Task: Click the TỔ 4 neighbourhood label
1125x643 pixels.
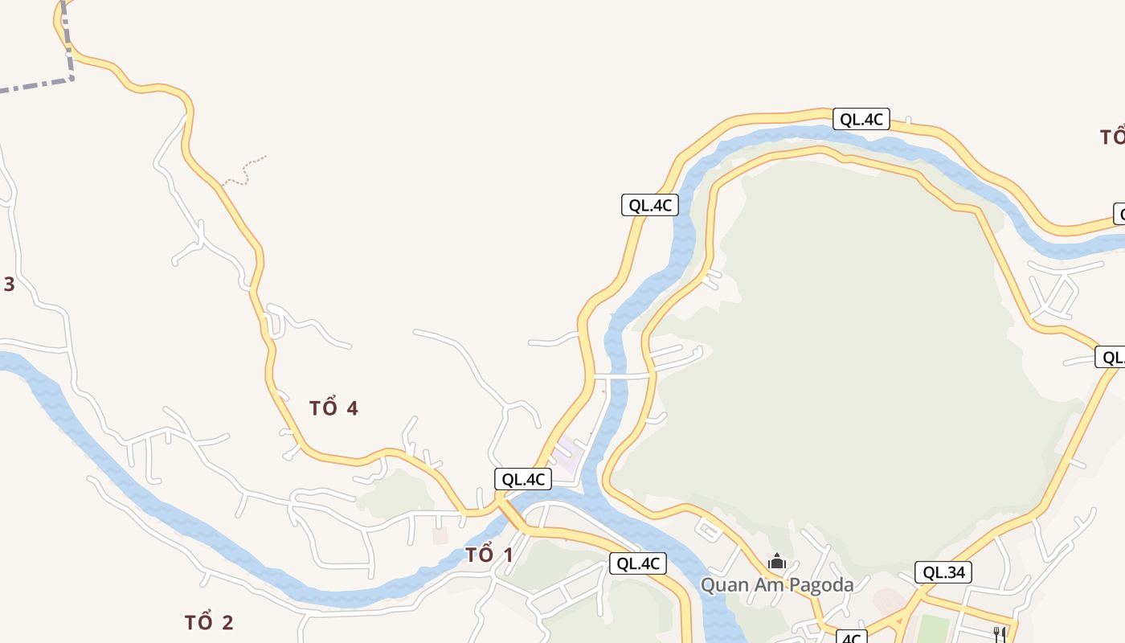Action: point(333,408)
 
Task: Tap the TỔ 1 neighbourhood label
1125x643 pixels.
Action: point(489,555)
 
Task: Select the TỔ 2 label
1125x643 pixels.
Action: point(209,622)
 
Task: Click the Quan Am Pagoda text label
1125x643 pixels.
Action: point(777,584)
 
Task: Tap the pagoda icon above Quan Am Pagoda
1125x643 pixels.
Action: point(776,562)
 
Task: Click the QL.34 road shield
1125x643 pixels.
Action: point(943,572)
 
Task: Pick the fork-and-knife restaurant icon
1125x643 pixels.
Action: point(1000,633)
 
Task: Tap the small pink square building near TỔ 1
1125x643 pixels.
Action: point(440,535)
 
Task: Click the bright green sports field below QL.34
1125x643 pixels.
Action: point(932,629)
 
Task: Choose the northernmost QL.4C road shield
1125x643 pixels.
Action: point(861,120)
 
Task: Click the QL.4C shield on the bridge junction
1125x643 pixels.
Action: point(523,480)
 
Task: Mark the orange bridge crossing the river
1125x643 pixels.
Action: point(512,515)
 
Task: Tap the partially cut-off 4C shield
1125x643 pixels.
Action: point(851,638)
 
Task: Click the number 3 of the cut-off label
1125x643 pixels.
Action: point(9,284)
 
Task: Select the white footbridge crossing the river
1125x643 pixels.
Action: point(618,375)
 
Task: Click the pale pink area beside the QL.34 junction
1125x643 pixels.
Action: point(887,600)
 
